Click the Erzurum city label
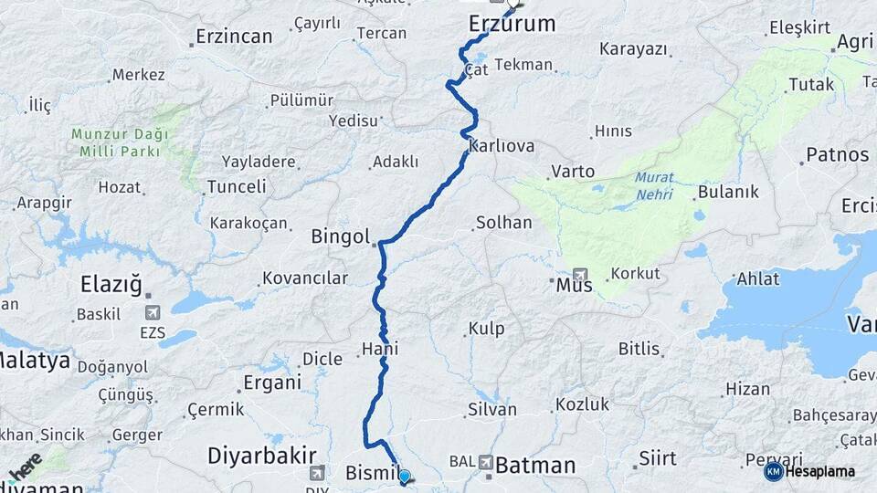pyautogui.click(x=512, y=25)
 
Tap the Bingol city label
pyautogui.click(x=339, y=237)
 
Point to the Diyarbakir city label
pyautogui.click(x=262, y=455)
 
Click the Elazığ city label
pyautogui.click(x=111, y=285)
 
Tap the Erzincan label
pyautogui.click(x=234, y=37)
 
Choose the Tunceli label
pyautogui.click(x=236, y=186)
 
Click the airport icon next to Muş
pyautogui.click(x=581, y=274)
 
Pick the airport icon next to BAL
pyautogui.click(x=485, y=462)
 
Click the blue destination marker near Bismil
pyautogui.click(x=404, y=476)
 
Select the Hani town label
pyautogui.click(x=379, y=349)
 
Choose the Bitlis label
pyautogui.click(x=639, y=349)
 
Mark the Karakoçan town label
pyautogui.click(x=248, y=223)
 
